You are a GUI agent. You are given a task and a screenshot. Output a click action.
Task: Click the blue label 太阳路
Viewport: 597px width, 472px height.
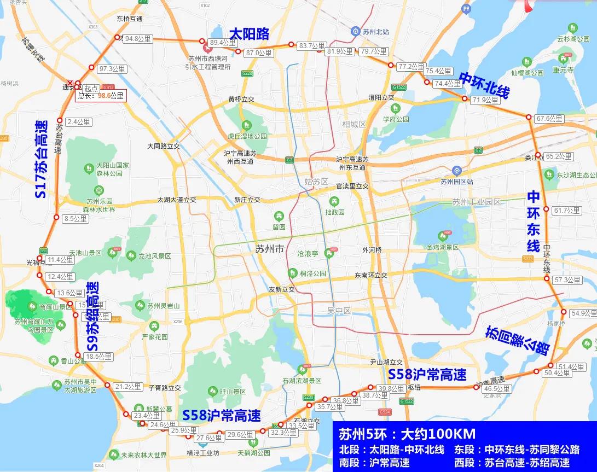point(249,34)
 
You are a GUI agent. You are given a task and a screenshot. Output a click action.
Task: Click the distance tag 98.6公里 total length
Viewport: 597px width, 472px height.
point(101,95)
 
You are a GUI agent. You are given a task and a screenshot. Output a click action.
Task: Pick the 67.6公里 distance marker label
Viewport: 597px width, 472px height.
point(549,119)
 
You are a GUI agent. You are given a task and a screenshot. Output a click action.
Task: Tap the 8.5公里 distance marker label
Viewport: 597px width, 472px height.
point(76,219)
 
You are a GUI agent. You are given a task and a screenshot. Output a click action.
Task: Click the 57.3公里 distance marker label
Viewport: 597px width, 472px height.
point(567,280)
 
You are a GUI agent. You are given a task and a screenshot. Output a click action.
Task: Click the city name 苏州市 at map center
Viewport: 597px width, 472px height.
point(270,249)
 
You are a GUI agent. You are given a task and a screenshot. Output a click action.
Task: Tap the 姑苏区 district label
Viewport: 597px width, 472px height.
point(316,182)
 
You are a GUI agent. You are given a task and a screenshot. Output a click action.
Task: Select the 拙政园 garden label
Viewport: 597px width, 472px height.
point(334,212)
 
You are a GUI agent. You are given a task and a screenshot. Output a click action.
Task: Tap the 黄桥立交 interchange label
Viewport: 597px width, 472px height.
point(241,99)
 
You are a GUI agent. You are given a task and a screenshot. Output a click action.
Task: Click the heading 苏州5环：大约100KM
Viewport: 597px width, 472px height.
point(407,434)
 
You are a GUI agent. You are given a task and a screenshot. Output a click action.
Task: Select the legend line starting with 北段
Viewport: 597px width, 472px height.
point(392,450)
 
